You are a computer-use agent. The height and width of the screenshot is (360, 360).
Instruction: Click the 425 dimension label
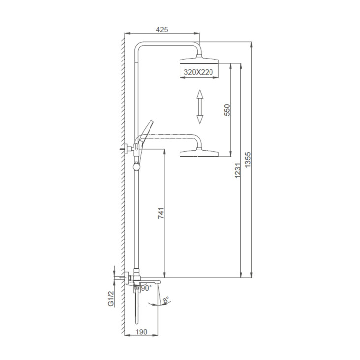coord(162,30)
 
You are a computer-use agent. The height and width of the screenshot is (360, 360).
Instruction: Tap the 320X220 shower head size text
coord(199,72)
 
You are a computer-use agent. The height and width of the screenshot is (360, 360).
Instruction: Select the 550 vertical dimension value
coord(227,110)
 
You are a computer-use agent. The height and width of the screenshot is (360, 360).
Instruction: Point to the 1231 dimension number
coord(238,170)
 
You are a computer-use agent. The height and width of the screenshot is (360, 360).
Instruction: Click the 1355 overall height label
coord(248,160)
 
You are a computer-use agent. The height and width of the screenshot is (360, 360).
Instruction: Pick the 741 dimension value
coord(161,213)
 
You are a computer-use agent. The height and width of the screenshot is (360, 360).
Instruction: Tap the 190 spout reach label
coord(141,332)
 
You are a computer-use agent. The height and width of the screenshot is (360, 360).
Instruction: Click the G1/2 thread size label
coord(111,299)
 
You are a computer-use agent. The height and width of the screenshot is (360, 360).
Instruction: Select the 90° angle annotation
coord(146,288)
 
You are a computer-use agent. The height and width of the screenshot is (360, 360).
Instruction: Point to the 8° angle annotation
coord(166,300)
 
